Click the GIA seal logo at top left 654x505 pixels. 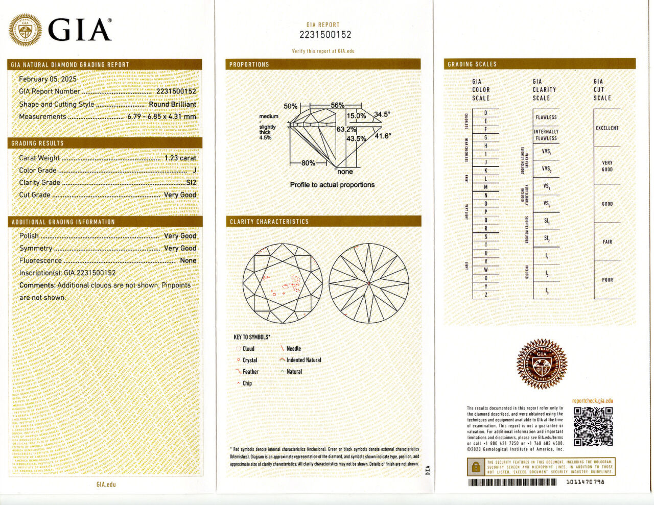[25, 30]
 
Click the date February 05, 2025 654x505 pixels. [48, 79]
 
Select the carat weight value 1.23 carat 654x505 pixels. [180, 158]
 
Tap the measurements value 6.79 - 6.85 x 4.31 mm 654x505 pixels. [161, 116]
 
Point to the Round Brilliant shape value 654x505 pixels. [172, 104]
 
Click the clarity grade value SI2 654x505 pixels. [191, 182]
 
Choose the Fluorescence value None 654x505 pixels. [188, 260]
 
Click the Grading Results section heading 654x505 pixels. [37, 143]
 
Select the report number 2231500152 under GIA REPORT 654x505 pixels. [325, 35]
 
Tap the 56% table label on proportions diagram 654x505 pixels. [337, 105]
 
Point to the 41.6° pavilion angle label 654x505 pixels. [382, 136]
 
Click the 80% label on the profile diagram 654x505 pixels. [308, 163]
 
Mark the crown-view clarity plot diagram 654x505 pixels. [283, 283]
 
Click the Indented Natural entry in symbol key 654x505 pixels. [303, 360]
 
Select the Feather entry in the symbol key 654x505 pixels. [250, 372]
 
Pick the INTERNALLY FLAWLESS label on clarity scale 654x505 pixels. [546, 135]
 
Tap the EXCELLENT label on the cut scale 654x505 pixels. [607, 128]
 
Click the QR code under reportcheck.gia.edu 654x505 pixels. [593, 426]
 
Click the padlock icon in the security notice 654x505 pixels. [476, 467]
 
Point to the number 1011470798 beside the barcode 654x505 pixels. [585, 482]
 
